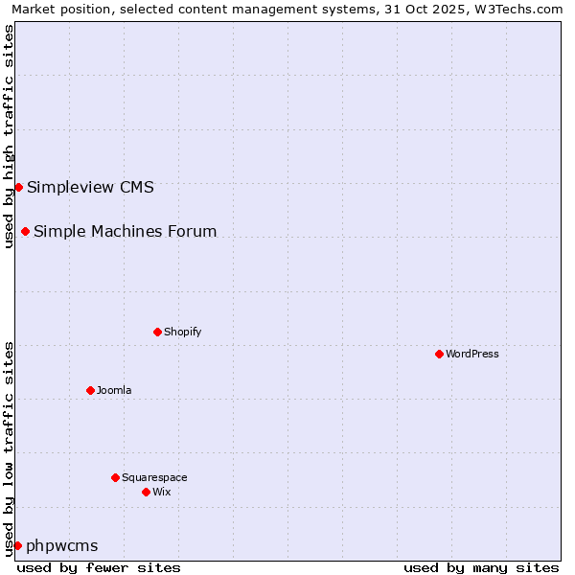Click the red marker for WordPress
pos(439,354)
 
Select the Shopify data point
pos(157,332)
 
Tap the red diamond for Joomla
pos(90,390)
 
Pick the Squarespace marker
pos(115,477)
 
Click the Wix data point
pos(146,492)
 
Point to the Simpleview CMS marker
pos(18,187)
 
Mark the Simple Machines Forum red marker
pos(25,231)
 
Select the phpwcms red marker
pos(17,545)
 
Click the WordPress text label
pos(472,354)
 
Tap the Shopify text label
pos(182,332)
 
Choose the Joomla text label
pos(114,390)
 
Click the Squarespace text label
pos(154,477)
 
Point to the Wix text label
pos(161,492)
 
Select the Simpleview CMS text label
pos(90,187)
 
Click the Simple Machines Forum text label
pos(125,231)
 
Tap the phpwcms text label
pos(62,545)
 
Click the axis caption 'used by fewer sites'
pos(99,567)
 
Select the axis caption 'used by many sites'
pos(481,567)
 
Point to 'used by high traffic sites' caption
pos(9,136)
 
